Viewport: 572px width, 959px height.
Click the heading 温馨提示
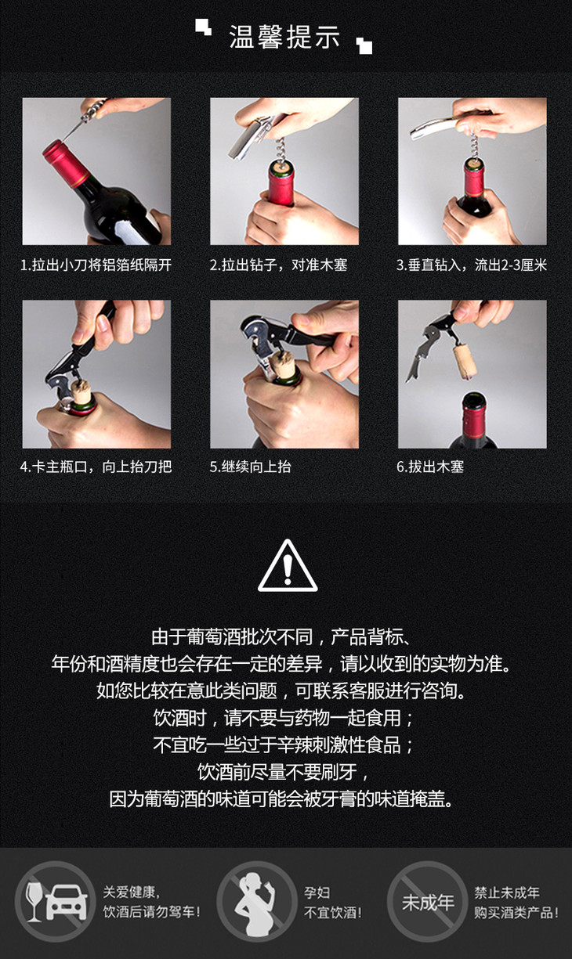284,37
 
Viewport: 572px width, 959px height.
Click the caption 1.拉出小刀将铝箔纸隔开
96,265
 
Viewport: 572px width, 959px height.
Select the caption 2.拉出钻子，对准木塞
278,265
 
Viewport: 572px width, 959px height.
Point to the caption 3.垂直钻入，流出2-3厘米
472,265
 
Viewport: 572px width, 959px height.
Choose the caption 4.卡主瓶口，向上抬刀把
96,467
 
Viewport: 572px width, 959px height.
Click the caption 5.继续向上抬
250,467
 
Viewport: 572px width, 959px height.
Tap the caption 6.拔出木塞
430,467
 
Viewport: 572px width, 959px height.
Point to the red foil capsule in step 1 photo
65,163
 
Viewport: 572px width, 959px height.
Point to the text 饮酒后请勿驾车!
151,912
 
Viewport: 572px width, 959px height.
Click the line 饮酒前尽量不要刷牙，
284,772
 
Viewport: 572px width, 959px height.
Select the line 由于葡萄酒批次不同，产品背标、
283,636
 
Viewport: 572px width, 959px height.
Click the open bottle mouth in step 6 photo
473,401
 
